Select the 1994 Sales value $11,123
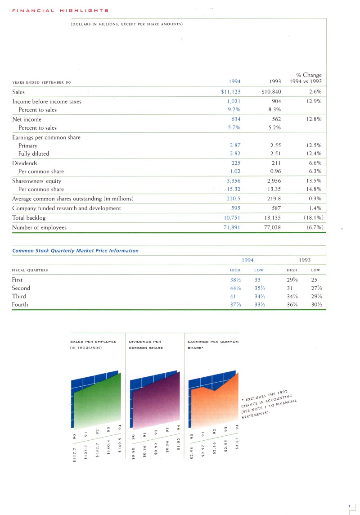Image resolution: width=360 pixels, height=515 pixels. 228,92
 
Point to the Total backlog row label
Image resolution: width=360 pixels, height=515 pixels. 29,217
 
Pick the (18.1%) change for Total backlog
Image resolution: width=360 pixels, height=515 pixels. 312,217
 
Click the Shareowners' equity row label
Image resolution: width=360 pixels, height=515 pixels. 37,181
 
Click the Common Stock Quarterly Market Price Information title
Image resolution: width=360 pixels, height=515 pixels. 75,251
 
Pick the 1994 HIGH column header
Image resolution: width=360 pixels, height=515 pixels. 235,270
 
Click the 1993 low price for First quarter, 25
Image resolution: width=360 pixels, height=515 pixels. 314,280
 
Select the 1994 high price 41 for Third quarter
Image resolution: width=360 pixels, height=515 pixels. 233,296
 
